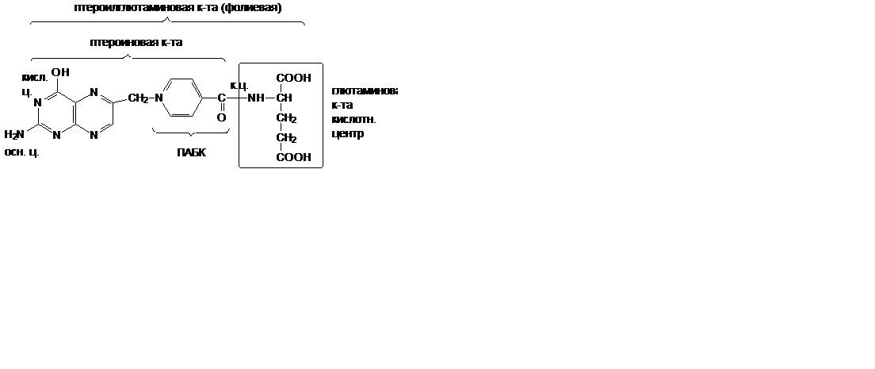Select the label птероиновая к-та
tap(136, 43)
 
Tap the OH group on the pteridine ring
tap(60, 73)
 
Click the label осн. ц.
tap(22, 152)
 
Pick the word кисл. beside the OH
tap(35, 77)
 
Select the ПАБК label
tap(191, 152)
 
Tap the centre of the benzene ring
tap(181, 98)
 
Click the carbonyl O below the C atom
tap(222, 117)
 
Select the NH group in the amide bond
tap(255, 98)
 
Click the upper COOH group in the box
tap(292, 78)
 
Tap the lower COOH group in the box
tap(292, 157)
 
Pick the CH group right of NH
tap(285, 98)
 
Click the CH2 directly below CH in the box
tap(286, 119)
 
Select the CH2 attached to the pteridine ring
tap(138, 98)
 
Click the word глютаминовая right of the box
tap(364, 90)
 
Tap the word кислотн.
tap(353, 120)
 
